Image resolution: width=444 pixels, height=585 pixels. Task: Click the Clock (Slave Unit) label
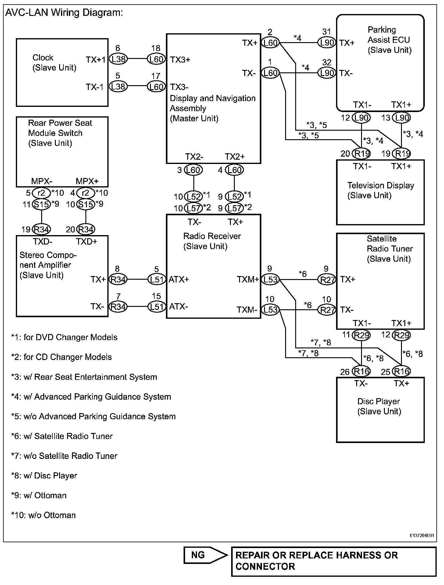(x=54, y=63)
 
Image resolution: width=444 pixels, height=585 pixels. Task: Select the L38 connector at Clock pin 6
(x=118, y=59)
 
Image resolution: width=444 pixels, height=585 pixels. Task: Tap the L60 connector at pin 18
(x=156, y=59)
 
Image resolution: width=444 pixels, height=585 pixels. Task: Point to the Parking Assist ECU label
(x=389, y=40)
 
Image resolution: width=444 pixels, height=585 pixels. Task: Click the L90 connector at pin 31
(x=327, y=42)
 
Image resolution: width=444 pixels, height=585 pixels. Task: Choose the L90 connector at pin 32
(x=327, y=73)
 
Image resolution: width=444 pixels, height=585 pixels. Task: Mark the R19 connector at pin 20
(x=361, y=153)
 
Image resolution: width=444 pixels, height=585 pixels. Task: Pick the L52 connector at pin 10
(x=194, y=196)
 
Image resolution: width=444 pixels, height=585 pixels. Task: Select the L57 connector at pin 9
(x=235, y=208)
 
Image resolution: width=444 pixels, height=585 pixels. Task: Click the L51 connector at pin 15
(x=156, y=307)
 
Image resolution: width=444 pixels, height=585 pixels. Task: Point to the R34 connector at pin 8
(x=118, y=279)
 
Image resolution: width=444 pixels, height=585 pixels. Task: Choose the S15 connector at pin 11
(x=41, y=204)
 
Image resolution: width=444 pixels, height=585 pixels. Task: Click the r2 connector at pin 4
(x=85, y=193)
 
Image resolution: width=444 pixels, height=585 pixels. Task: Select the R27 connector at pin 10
(x=327, y=310)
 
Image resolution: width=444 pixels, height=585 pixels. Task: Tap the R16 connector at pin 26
(x=361, y=372)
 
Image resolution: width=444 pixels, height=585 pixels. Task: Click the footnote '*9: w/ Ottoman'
(x=39, y=495)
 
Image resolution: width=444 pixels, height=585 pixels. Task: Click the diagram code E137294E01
(x=422, y=535)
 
